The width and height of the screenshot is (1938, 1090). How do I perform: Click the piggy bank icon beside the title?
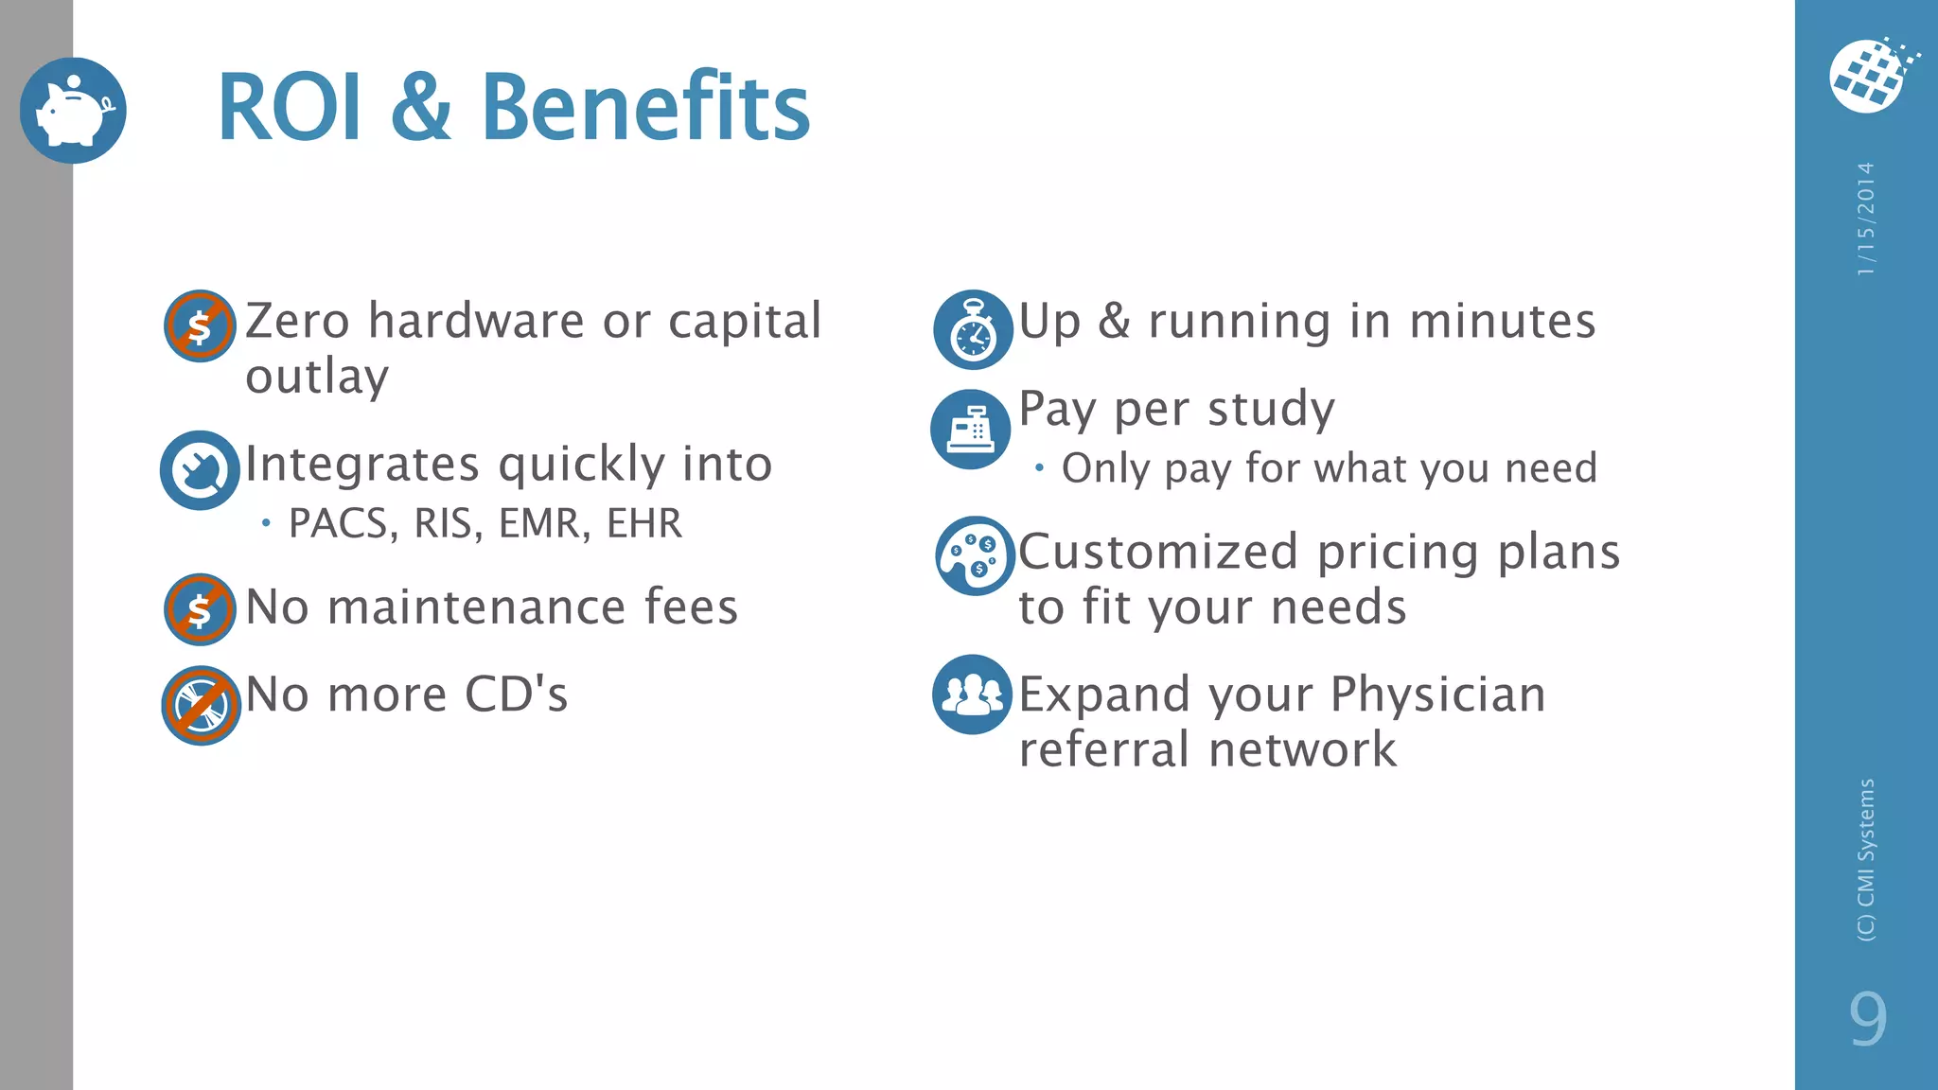coord(73,111)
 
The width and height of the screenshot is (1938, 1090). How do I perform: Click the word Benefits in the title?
coord(645,108)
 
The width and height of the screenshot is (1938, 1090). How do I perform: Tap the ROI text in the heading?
coord(290,108)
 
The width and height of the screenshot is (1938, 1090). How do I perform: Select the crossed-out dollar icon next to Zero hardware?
coord(200,325)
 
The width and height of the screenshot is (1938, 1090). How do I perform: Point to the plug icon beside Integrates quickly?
coord(200,470)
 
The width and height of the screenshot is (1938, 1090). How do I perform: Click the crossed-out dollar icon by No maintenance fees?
coord(200,609)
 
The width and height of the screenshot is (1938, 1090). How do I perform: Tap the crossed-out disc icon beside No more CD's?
coord(201,706)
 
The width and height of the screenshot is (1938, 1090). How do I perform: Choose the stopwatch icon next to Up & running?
coord(973,329)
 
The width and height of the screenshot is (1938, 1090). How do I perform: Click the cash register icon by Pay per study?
coord(971,430)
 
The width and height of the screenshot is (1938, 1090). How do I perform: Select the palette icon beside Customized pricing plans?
coord(975,555)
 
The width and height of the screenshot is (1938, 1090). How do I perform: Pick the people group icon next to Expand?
coord(972,694)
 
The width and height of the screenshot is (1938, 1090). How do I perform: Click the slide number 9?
coord(1867,1019)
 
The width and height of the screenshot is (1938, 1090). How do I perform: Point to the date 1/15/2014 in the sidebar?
coord(1865,220)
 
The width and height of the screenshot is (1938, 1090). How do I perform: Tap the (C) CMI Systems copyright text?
coord(1865,859)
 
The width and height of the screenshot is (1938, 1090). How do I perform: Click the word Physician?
coord(1437,694)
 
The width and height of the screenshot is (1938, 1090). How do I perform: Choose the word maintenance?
coord(476,607)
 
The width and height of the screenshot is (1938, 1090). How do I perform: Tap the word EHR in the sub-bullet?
coord(644,523)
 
